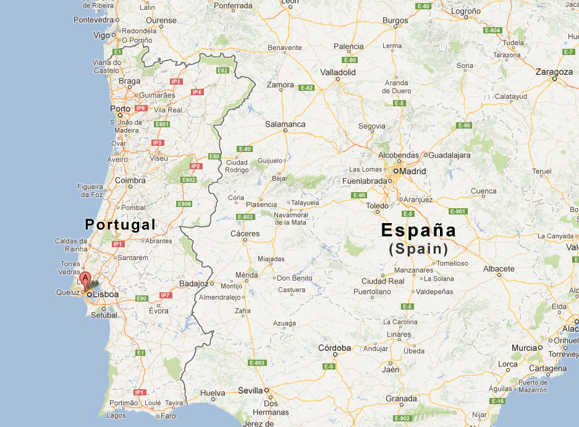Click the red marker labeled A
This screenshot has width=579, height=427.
[x=85, y=278]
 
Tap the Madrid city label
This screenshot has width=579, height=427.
[x=413, y=171]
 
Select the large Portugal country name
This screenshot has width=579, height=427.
[x=120, y=224]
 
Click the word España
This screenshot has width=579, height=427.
[x=418, y=230]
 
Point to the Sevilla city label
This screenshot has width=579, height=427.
[x=250, y=391]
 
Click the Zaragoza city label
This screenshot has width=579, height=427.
[x=554, y=72]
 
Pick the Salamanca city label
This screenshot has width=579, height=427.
[x=285, y=124]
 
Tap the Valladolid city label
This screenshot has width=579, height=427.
[x=338, y=72]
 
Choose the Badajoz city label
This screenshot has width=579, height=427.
[x=193, y=284]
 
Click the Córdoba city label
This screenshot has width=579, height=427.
[x=334, y=348]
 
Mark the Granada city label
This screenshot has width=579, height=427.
[x=400, y=399]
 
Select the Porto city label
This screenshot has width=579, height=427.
[x=120, y=109]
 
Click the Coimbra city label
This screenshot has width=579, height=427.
[x=130, y=180]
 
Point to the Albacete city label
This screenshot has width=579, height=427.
[x=499, y=269]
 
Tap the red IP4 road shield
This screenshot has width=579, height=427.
[x=197, y=92]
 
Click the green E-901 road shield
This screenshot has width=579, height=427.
[x=458, y=211]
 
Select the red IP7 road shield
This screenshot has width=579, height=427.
[x=165, y=295]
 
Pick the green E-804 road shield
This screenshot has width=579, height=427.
[x=493, y=30]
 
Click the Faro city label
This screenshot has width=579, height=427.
[x=167, y=416]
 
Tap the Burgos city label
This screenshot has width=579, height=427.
[x=395, y=20]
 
